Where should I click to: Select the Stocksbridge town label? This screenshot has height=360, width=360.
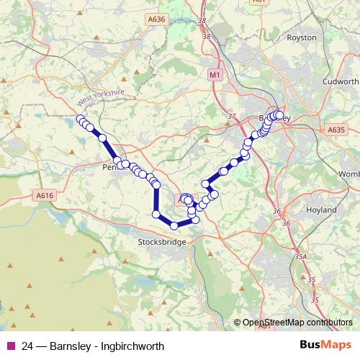coord(162,243)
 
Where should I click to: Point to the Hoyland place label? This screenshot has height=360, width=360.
coord(321,210)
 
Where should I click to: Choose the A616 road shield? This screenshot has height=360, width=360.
coord(45,195)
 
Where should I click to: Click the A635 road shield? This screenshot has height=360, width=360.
coord(336,130)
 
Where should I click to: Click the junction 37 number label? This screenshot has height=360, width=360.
coord(231,116)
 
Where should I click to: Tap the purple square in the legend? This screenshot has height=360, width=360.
coord(9,346)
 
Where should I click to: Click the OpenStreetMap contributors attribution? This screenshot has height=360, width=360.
coord(297,323)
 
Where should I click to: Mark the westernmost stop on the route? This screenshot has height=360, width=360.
coord(80,119)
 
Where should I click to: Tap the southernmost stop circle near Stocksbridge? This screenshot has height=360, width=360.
coord(174,226)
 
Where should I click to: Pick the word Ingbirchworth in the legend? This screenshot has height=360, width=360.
coord(132,346)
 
